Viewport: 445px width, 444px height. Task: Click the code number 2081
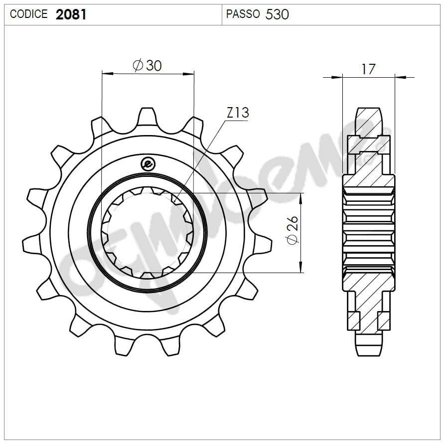click(x=71, y=14)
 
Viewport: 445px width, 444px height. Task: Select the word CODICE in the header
click(x=29, y=14)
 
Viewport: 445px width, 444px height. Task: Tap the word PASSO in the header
click(x=243, y=14)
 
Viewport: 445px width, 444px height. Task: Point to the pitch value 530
click(x=277, y=14)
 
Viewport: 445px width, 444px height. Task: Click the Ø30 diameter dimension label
click(x=148, y=65)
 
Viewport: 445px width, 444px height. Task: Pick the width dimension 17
click(x=368, y=69)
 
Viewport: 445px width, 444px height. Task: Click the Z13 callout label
click(x=238, y=113)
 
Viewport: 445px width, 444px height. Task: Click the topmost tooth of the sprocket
click(x=147, y=117)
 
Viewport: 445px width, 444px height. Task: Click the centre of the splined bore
click(x=148, y=232)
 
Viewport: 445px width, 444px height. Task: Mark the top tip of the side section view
click(x=369, y=109)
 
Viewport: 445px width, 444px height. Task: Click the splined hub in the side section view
click(x=369, y=232)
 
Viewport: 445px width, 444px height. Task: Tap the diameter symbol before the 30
click(x=138, y=65)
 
